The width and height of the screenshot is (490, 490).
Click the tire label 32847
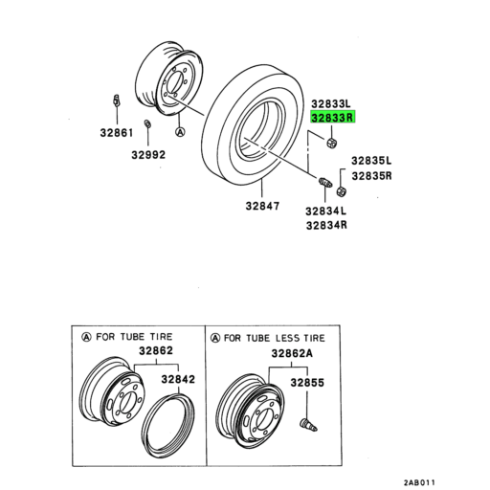(262, 206)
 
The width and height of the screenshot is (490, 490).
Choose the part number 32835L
(371, 161)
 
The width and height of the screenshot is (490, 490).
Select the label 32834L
(326, 211)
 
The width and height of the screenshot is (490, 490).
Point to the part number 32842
(177, 380)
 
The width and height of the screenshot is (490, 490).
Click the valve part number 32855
(309, 382)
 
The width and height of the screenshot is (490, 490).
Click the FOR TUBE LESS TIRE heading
(278, 338)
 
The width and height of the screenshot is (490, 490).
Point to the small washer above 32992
(145, 123)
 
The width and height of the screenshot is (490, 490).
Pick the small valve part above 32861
(115, 100)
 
